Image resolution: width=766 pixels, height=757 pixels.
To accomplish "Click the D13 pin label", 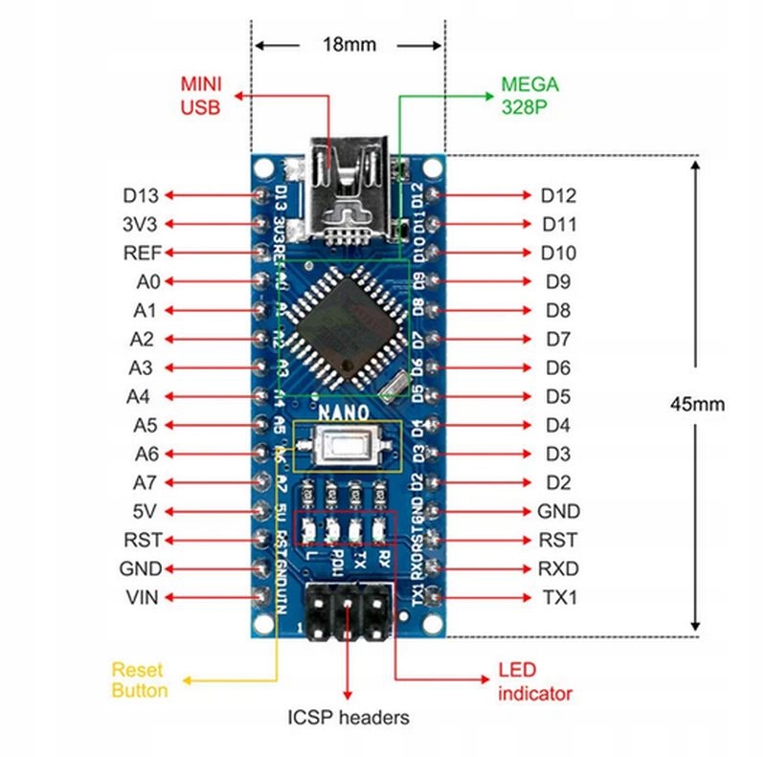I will [140, 195].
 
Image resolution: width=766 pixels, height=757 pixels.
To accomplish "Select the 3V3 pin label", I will [140, 224].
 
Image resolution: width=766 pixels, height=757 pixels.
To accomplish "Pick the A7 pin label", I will [146, 482].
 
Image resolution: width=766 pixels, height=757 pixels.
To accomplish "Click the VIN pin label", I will [142, 597].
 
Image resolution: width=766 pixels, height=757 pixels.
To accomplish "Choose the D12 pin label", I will [558, 195].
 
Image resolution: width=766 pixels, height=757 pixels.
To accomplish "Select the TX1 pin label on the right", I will [559, 597].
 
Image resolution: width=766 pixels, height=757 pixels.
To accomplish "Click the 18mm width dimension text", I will [349, 45].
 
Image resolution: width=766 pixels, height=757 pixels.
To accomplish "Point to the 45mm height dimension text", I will [697, 404].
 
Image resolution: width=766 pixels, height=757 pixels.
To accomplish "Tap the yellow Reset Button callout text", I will [139, 679].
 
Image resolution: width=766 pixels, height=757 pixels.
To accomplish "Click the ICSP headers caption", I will [349, 717].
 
